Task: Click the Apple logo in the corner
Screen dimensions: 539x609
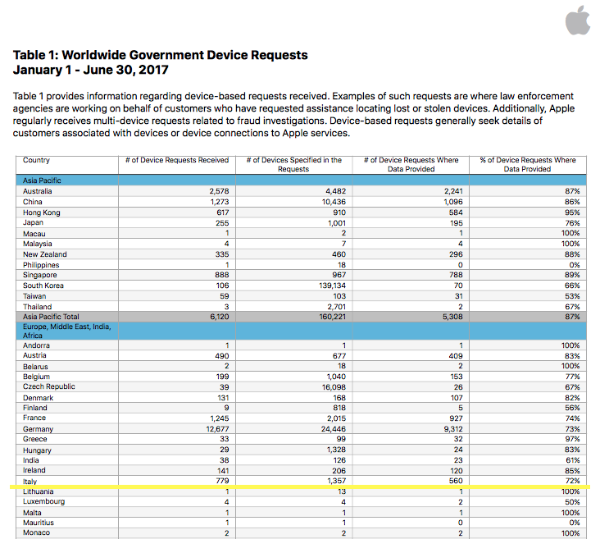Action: pyautogui.click(x=579, y=21)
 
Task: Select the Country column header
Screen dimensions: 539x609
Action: pyautogui.click(x=37, y=161)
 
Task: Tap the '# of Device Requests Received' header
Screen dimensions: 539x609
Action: pyautogui.click(x=177, y=161)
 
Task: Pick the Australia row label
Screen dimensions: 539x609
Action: pyautogui.click(x=38, y=191)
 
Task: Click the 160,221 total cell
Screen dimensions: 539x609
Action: pyautogui.click(x=334, y=317)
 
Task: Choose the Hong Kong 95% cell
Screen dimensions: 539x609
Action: pyautogui.click(x=571, y=212)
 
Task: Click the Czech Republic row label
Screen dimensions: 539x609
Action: pyautogui.click(x=49, y=387)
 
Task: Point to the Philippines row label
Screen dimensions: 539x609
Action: pyautogui.click(x=41, y=265)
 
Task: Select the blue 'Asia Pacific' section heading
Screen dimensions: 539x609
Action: pyautogui.click(x=42, y=180)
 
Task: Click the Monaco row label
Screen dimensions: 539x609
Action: pyautogui.click(x=37, y=532)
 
